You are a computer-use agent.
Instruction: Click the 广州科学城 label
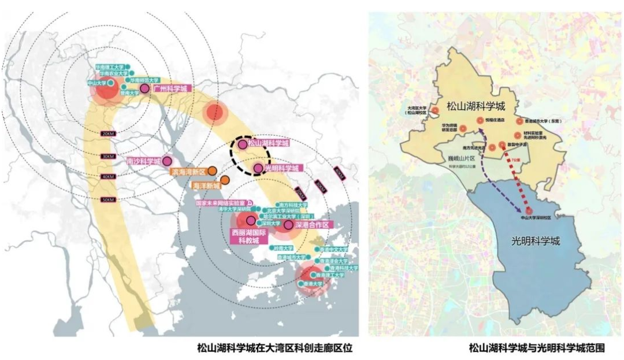[170, 89]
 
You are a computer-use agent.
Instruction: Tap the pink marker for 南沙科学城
[167, 161]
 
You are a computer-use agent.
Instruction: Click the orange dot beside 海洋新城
[224, 179]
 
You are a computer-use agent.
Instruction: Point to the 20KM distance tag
[107, 133]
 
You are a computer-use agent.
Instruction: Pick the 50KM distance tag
[107, 199]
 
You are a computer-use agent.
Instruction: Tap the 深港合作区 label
[311, 224]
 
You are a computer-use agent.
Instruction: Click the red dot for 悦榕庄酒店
[480, 120]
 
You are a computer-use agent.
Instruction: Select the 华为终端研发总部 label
[449, 128]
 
